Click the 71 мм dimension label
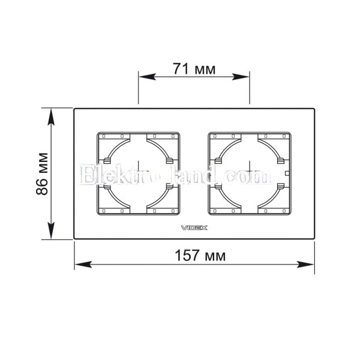coord(194,68)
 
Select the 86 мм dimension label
coord(42,174)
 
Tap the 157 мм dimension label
coord(200,256)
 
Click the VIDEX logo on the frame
coord(194,228)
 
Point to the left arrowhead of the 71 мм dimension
coord(147,77)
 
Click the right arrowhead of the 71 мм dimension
coord(241,77)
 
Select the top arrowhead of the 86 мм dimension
coord(51,117)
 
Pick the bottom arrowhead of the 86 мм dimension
coord(51,230)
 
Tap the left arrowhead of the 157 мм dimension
coord(83,264)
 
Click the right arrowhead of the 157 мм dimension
coord(305,264)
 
